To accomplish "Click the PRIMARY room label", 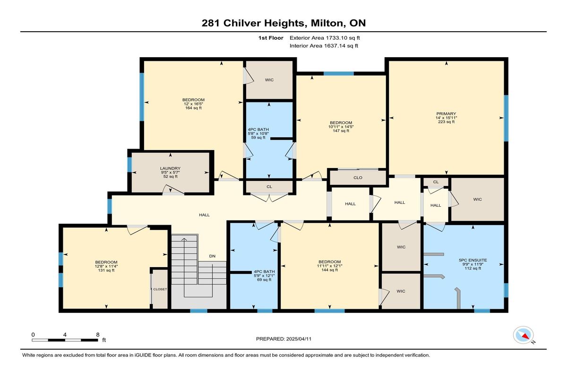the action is coord(446,114).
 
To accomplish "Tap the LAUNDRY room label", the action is coord(170,169).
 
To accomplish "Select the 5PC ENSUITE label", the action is coord(473,260).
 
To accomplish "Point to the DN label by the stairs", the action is coord(212,256).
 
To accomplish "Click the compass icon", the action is coord(523,335).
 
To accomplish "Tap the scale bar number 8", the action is coord(98,335).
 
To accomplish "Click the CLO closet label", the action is coord(358,178).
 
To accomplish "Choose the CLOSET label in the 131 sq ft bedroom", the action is coord(160,289).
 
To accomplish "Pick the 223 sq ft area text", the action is coord(446,122).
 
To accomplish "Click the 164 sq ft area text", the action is coord(193,108).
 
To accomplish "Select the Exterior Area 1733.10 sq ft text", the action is coord(325,38).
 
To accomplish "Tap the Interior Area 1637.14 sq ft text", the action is coord(324,46).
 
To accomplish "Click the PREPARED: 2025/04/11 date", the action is coord(284,339).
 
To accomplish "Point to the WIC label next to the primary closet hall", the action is coord(477,199).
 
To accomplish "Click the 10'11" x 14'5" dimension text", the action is coord(341,127).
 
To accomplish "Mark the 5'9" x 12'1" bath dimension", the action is coord(264,276).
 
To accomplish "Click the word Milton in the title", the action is coord(326,23).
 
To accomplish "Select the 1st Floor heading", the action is coord(271,38).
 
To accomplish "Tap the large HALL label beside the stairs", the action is coord(204,215).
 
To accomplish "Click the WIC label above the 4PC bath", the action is coord(269,80).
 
